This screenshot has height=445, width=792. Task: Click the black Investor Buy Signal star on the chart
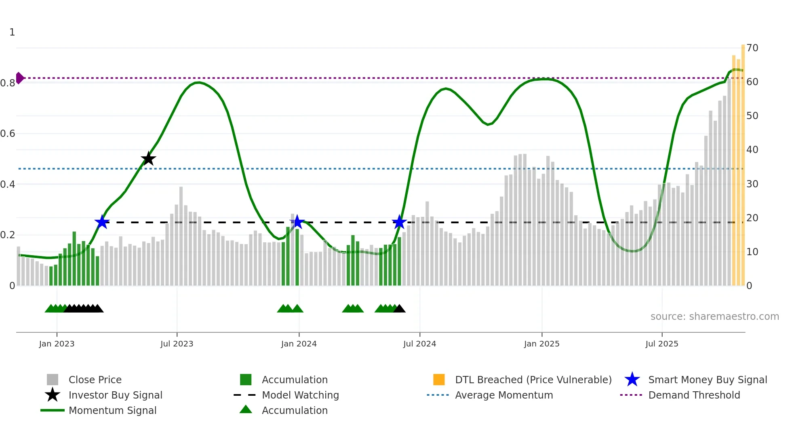[x=148, y=159]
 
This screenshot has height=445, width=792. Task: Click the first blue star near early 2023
[x=102, y=222]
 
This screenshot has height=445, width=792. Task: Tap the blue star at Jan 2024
[x=297, y=222]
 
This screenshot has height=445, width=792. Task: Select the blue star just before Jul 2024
[x=399, y=222]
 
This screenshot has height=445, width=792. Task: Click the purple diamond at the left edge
[x=19, y=78]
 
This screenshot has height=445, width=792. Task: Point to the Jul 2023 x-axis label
[x=177, y=344]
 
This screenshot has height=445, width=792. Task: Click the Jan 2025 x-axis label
[x=541, y=344]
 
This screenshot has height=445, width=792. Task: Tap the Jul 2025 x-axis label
[x=661, y=344]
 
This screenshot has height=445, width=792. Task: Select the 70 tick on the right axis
[x=752, y=48]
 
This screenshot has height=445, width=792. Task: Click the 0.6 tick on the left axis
[x=8, y=134]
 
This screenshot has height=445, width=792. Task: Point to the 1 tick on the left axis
[x=12, y=32]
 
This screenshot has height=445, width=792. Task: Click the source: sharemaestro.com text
[x=714, y=317]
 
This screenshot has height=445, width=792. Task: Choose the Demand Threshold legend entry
[x=694, y=395]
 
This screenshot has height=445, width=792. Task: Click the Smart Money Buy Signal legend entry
[x=707, y=380]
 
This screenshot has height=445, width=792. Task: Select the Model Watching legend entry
[x=300, y=395]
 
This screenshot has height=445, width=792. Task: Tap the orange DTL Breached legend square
[x=439, y=380]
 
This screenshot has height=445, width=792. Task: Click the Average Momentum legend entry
[x=503, y=395]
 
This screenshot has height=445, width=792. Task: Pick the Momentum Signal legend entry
[x=112, y=410]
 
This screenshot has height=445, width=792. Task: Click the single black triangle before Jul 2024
[x=399, y=309]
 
